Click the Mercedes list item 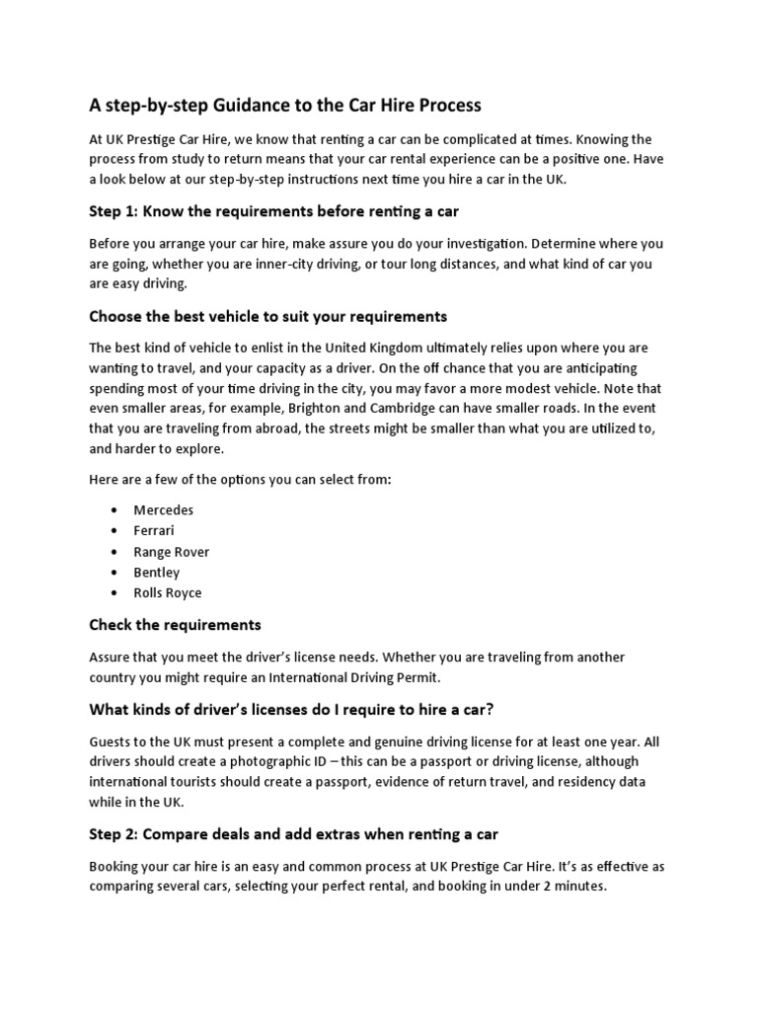click(164, 510)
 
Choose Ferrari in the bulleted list click(155, 531)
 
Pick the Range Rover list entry click(172, 552)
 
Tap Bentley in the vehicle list click(157, 573)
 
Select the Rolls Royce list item click(168, 593)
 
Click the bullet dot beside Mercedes click(115, 510)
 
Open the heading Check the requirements click(175, 625)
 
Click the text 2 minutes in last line click(571, 887)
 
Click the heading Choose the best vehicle click(267, 316)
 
